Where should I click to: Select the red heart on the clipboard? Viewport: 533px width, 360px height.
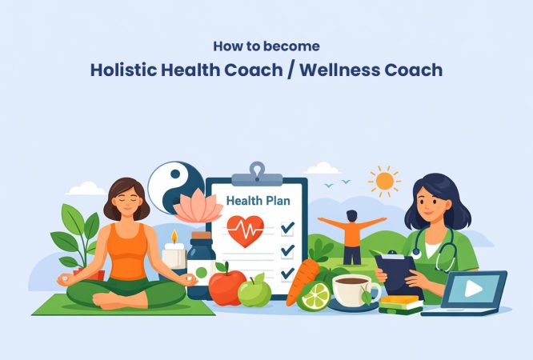246,230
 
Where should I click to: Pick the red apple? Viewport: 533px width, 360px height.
227,286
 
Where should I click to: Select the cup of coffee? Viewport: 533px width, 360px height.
353,289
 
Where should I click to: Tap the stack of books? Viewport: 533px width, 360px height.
399,304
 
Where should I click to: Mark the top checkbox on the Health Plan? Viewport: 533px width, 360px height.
287,228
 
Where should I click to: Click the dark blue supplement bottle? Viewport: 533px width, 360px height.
200,264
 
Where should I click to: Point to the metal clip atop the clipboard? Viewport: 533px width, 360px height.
256,172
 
